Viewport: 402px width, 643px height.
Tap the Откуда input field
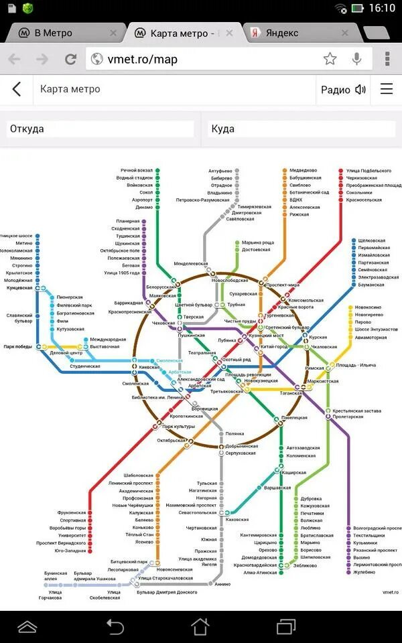(x=100, y=129)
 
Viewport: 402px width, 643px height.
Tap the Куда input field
(x=301, y=129)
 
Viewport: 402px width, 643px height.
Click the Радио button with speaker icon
(x=343, y=90)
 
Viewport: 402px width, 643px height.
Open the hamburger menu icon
(x=387, y=89)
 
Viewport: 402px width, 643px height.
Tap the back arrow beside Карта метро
(x=17, y=89)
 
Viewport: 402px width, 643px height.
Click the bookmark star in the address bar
(x=330, y=59)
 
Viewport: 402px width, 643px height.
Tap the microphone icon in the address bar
(x=357, y=59)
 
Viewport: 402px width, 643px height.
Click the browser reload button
(x=70, y=59)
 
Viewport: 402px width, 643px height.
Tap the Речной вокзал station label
(x=137, y=171)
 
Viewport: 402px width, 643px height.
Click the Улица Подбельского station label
(x=368, y=171)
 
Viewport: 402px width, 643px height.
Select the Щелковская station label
(x=372, y=240)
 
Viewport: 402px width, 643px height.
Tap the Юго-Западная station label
(x=70, y=551)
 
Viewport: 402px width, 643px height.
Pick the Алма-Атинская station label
(x=260, y=573)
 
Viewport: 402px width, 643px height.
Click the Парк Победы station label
(x=18, y=347)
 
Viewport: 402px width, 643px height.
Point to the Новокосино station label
(x=368, y=307)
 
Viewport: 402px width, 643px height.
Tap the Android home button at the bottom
(x=200, y=627)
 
